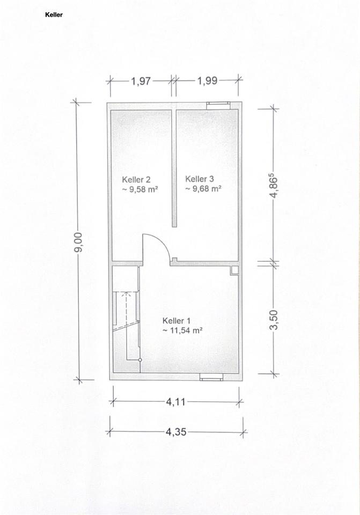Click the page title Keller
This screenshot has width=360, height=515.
tap(54, 15)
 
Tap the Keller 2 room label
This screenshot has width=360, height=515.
tap(136, 180)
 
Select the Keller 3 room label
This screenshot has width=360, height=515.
tap(200, 179)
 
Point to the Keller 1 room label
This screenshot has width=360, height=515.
tap(177, 321)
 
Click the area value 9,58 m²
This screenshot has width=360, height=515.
tap(140, 189)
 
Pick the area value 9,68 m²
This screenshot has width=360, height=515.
tap(203, 188)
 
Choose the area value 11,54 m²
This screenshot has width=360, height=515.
tap(182, 330)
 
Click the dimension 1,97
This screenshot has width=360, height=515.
tap(141, 81)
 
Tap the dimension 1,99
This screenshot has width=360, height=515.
tap(207, 81)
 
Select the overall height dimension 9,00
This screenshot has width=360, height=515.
tap(78, 242)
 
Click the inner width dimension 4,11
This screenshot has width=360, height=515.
tap(176, 402)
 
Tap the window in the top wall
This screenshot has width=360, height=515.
tap(218, 105)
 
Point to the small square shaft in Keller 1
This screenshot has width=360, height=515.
tap(234, 270)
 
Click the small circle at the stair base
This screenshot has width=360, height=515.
tap(140, 360)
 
